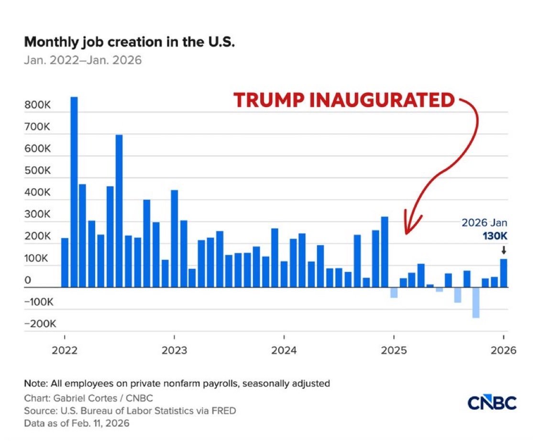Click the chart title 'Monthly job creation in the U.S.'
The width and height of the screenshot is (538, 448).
130,42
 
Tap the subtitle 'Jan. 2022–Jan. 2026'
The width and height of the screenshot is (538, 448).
83,61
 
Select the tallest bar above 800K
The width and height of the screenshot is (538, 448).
74,191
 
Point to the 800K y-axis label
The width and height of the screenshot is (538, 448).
38,105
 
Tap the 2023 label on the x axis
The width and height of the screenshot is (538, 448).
174,350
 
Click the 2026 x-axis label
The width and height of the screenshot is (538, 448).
504,350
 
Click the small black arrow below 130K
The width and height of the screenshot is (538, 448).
504,250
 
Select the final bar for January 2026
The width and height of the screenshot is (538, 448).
504,273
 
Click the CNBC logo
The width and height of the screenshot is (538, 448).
491,403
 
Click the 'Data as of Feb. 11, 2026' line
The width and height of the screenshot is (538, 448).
77,423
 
